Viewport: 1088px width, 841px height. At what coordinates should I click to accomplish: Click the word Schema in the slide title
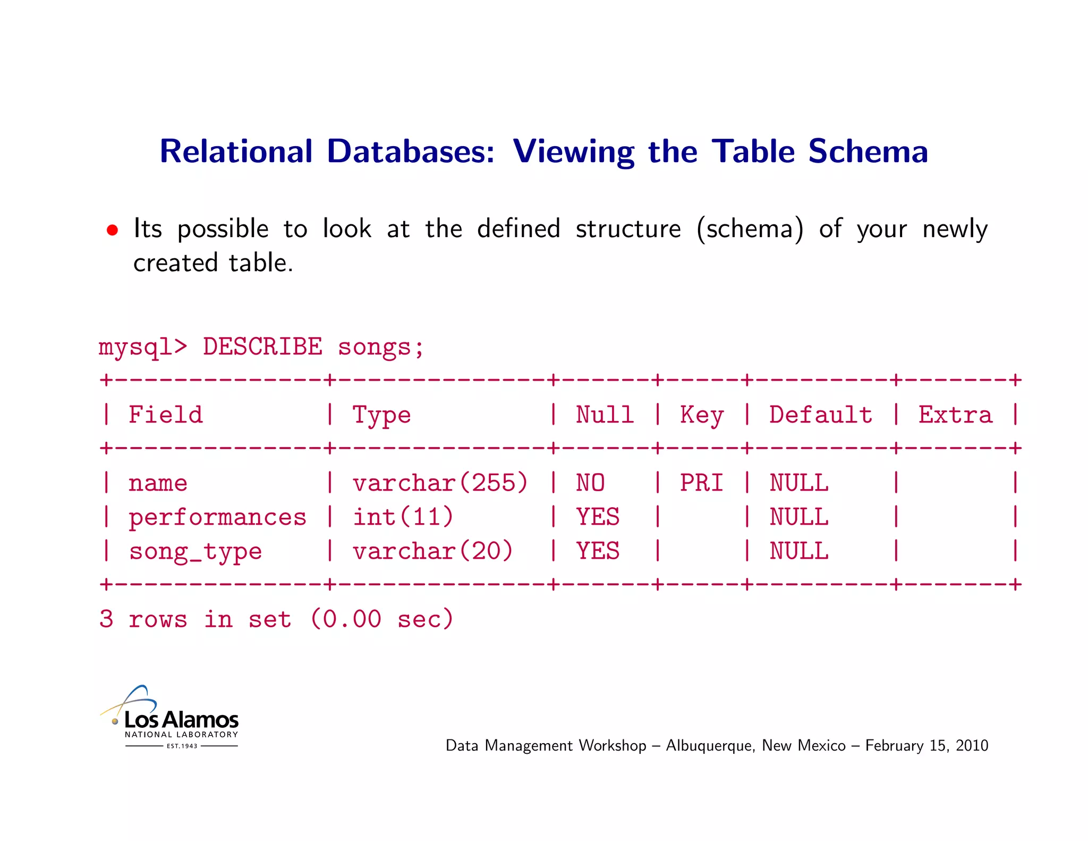868,152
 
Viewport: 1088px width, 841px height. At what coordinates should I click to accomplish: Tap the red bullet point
112,230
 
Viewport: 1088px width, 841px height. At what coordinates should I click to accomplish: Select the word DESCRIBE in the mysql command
262,347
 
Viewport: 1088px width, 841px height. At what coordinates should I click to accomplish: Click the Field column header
166,415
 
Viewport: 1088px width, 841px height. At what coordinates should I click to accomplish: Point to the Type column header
381,415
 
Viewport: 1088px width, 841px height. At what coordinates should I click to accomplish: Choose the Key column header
702,415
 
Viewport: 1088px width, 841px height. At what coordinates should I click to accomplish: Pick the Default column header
821,415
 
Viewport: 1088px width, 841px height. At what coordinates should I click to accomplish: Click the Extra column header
955,415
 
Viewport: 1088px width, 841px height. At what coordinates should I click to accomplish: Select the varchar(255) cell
440,483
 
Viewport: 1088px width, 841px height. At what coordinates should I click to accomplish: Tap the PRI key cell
702,483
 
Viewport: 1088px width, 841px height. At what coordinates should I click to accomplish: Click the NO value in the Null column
590,483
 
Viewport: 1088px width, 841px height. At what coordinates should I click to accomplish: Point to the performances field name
217,517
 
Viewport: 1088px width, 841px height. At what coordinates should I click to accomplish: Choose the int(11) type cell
403,517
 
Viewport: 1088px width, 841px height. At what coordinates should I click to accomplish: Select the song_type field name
195,551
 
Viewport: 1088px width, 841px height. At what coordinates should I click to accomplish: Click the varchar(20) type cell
433,551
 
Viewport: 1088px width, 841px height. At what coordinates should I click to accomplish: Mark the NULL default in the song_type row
799,551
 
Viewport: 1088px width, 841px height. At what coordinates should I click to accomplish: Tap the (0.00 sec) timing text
381,619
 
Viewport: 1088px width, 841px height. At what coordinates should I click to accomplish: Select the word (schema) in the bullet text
750,230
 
